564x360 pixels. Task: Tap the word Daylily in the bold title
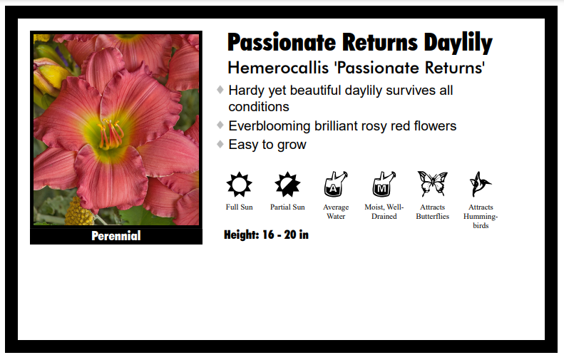pyautogui.click(x=457, y=43)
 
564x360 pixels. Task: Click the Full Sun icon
pyautogui.click(x=239, y=185)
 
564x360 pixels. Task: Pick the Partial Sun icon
pyautogui.click(x=287, y=185)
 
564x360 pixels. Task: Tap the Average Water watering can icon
pyautogui.click(x=336, y=185)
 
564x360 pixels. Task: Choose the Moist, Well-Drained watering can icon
pyautogui.click(x=384, y=185)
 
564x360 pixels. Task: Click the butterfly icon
pyautogui.click(x=432, y=184)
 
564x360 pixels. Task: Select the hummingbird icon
pyautogui.click(x=480, y=185)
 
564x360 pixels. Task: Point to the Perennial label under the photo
pyautogui.click(x=116, y=236)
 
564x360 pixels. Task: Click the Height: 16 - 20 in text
pyautogui.click(x=266, y=235)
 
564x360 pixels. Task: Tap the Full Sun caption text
pyautogui.click(x=239, y=207)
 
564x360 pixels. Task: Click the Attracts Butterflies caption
pyautogui.click(x=432, y=212)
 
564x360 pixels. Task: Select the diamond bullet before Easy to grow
pyautogui.click(x=220, y=144)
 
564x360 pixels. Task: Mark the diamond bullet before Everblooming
pyautogui.click(x=220, y=125)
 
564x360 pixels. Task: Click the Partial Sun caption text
pyautogui.click(x=287, y=207)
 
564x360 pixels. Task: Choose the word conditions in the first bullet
pyautogui.click(x=258, y=107)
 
